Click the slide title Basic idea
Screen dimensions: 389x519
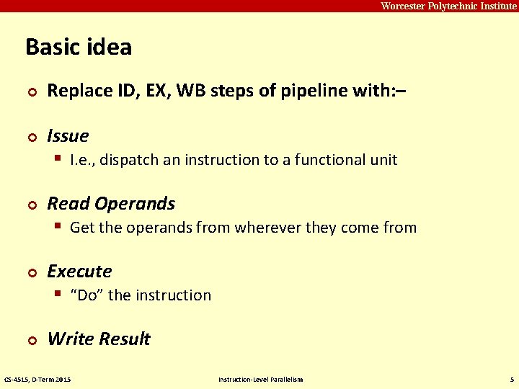pos(79,48)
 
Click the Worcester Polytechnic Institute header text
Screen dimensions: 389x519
pos(448,6)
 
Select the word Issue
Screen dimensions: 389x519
pos(68,136)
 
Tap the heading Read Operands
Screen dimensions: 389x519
pos(111,204)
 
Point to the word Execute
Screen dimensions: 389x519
pos(79,272)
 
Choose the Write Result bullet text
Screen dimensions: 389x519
pos(99,339)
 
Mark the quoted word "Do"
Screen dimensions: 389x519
pos(86,295)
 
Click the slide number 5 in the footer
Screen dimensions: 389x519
pos(511,380)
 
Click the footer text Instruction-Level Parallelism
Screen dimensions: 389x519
pos(260,380)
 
